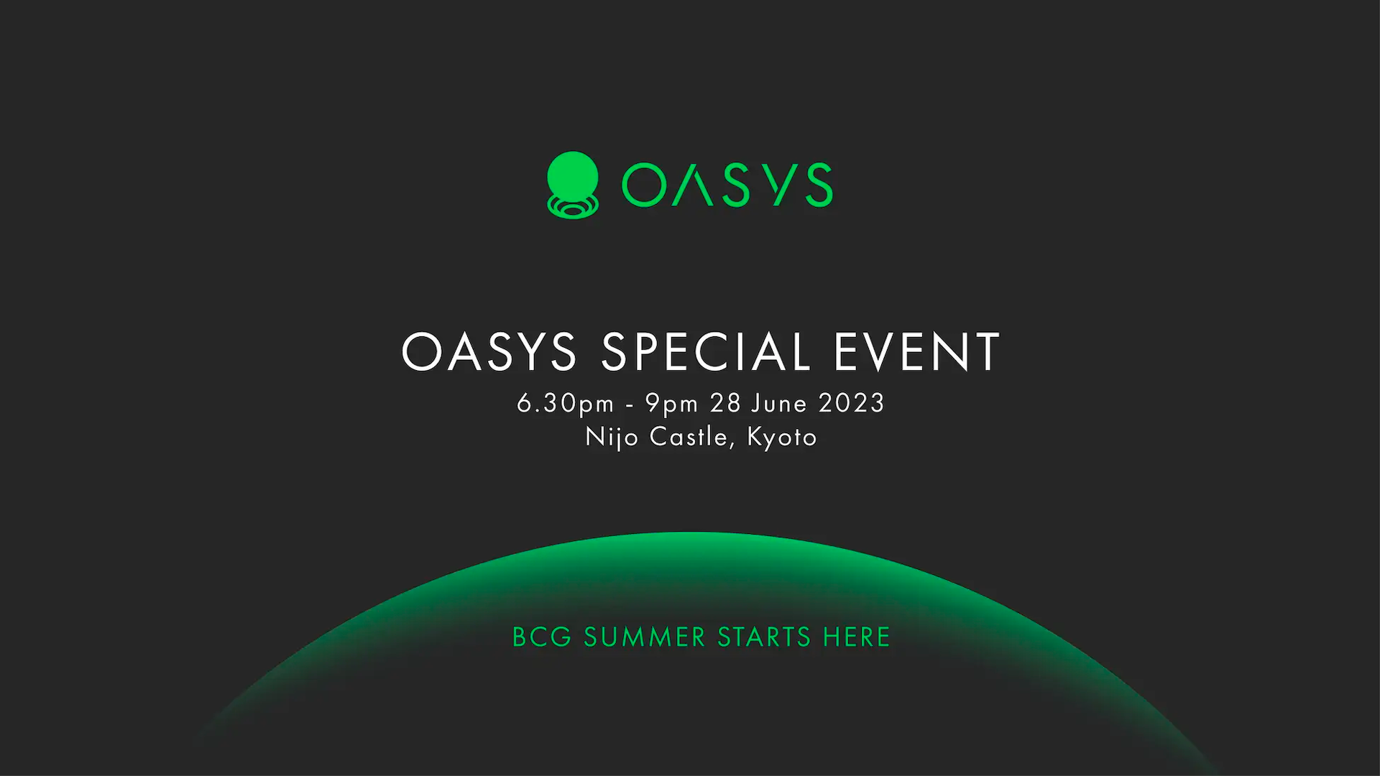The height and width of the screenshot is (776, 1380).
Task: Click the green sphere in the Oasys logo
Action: [x=573, y=175]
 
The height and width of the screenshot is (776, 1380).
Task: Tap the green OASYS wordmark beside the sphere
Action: [x=727, y=185]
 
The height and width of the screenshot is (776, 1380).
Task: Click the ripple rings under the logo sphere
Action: [x=573, y=208]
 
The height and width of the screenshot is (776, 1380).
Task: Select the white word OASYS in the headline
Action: [x=489, y=352]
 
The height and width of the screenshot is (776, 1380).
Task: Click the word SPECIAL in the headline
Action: [x=707, y=352]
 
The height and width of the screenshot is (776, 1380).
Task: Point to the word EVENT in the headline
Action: [x=916, y=352]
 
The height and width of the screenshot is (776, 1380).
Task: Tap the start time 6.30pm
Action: [x=566, y=404]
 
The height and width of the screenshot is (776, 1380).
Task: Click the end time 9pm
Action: [x=671, y=404]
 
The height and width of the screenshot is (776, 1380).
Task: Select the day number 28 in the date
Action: [x=725, y=403]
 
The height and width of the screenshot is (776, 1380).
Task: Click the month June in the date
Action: [x=779, y=404]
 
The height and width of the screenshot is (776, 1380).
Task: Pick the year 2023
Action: [x=852, y=403]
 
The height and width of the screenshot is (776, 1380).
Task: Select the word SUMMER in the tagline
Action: [x=645, y=637]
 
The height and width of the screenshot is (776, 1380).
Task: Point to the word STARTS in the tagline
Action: [x=764, y=637]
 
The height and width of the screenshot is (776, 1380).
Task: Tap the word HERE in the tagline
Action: [x=857, y=637]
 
